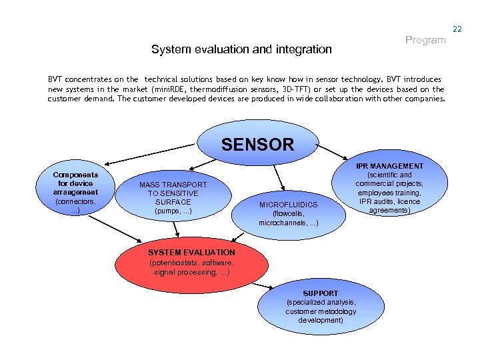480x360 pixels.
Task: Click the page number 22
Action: pyautogui.click(x=457, y=29)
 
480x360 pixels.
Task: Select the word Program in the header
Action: pyautogui.click(x=425, y=40)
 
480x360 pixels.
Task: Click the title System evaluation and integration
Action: pyautogui.click(x=241, y=49)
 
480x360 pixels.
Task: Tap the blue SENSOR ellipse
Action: pyautogui.click(x=257, y=144)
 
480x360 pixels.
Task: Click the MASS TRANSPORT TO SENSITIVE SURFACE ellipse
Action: pyautogui.click(x=173, y=197)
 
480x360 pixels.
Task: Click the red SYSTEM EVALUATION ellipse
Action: pyautogui.click(x=191, y=261)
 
